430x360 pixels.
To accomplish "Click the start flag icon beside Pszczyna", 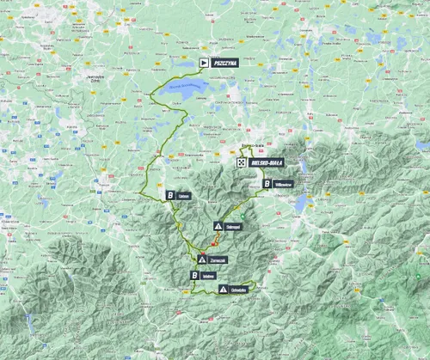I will point(204,63).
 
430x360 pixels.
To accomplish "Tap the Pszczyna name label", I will point(223,63).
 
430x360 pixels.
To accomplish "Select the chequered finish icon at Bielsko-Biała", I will point(242,161).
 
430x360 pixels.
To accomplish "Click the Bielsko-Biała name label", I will point(267,161).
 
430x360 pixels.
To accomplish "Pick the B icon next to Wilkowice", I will point(267,183).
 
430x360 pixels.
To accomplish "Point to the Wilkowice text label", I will point(286,183).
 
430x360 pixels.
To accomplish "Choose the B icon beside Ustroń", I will point(171,195).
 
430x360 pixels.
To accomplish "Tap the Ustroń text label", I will point(186,195).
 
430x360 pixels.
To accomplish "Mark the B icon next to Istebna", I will point(196,275).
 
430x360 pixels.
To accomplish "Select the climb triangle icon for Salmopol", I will point(219,227).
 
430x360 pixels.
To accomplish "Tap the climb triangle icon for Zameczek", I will point(201,259).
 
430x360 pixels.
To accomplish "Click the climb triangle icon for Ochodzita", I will point(224,290).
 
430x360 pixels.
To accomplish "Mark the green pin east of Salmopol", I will point(243,215).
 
